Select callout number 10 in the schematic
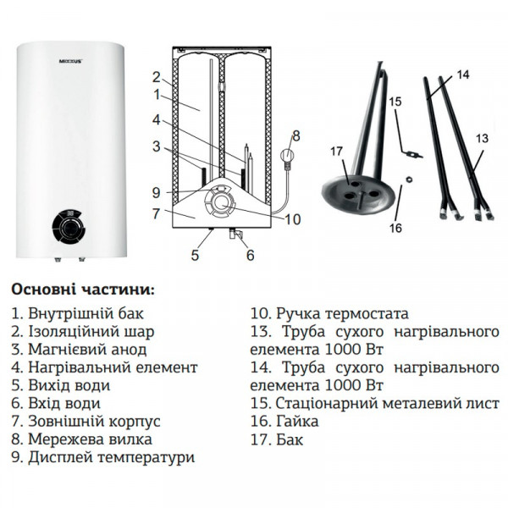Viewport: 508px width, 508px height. coord(292,220)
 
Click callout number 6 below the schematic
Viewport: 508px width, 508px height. coord(250,254)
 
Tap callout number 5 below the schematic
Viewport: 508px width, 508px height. coord(195,254)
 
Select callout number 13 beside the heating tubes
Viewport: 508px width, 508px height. coord(483,138)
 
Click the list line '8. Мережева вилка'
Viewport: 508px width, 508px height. coord(82,439)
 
